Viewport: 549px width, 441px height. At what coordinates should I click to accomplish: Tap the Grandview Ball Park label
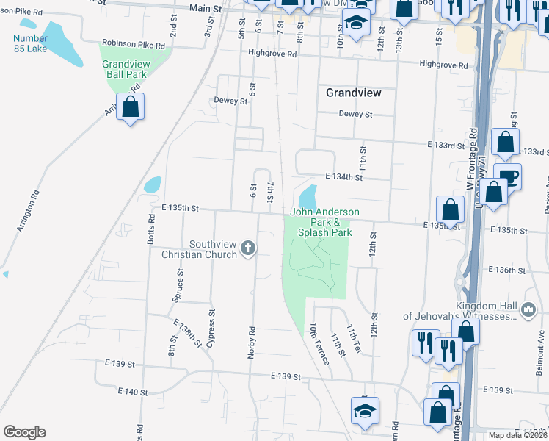[x=126, y=70]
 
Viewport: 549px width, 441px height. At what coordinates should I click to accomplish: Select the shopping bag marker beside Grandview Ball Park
[x=130, y=107]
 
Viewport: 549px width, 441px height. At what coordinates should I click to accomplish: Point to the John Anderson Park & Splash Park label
[x=325, y=222]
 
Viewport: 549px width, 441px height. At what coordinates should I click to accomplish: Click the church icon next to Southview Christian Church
[x=248, y=248]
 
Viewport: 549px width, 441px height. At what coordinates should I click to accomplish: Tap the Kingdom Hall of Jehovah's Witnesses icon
[x=528, y=311]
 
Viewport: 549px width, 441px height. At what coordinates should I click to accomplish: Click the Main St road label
[x=205, y=7]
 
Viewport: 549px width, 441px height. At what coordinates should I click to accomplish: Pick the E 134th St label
[x=344, y=177]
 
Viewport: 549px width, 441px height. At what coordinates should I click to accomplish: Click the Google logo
[x=24, y=432]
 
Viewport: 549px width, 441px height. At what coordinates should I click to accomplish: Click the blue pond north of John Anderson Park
[x=308, y=196]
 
